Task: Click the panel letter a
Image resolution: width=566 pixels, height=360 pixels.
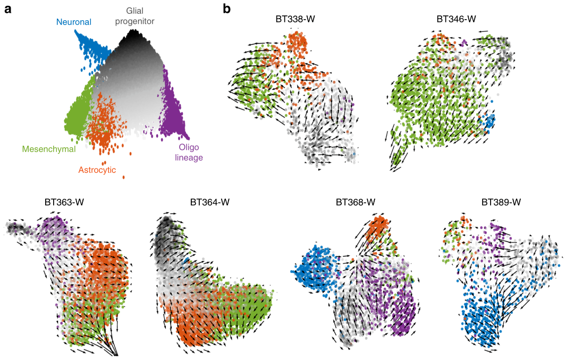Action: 8,9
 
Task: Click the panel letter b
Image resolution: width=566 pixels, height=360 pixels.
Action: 227,9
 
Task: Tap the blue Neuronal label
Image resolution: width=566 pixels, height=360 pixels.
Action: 74,22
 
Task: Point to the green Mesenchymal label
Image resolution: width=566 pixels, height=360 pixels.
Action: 49,149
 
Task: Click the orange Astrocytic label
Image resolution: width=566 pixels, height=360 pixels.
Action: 97,170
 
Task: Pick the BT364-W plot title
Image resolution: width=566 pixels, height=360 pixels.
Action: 209,203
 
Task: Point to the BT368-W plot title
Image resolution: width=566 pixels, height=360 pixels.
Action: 356,203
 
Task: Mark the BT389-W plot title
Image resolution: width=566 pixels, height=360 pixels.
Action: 501,203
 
